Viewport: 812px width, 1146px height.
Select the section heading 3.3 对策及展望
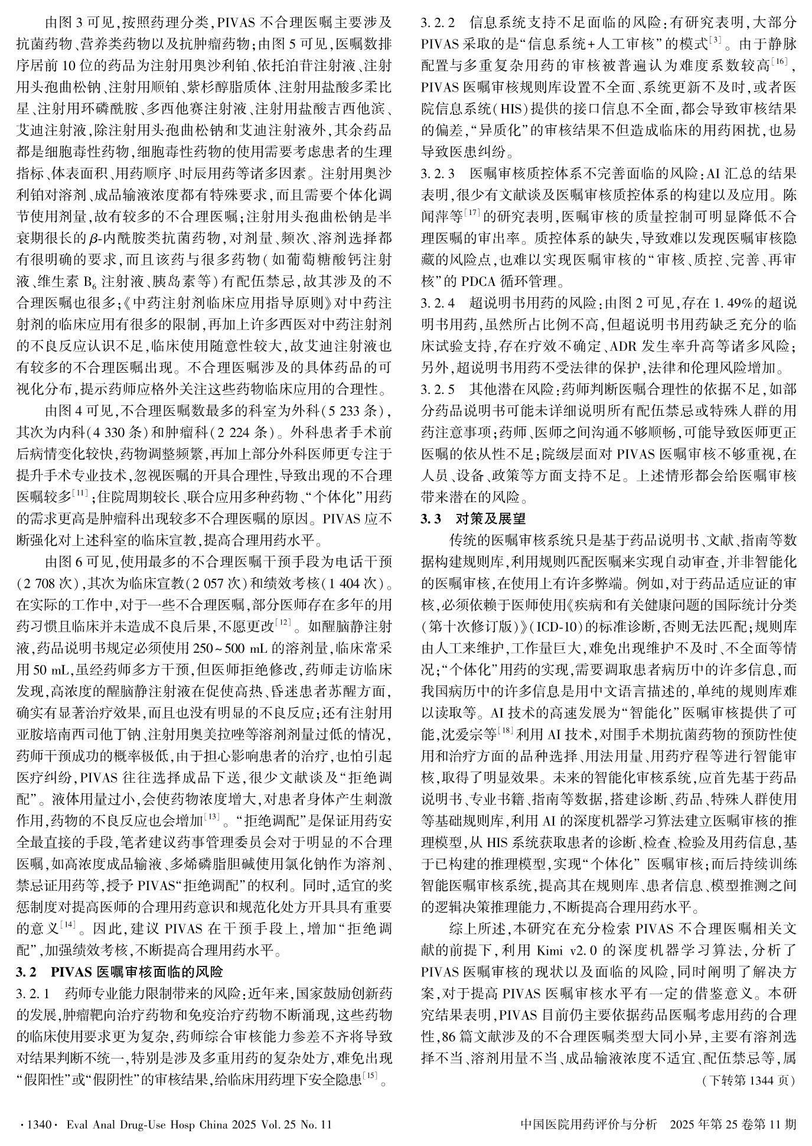[473, 519]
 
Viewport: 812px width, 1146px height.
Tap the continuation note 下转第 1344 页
[748, 1080]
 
